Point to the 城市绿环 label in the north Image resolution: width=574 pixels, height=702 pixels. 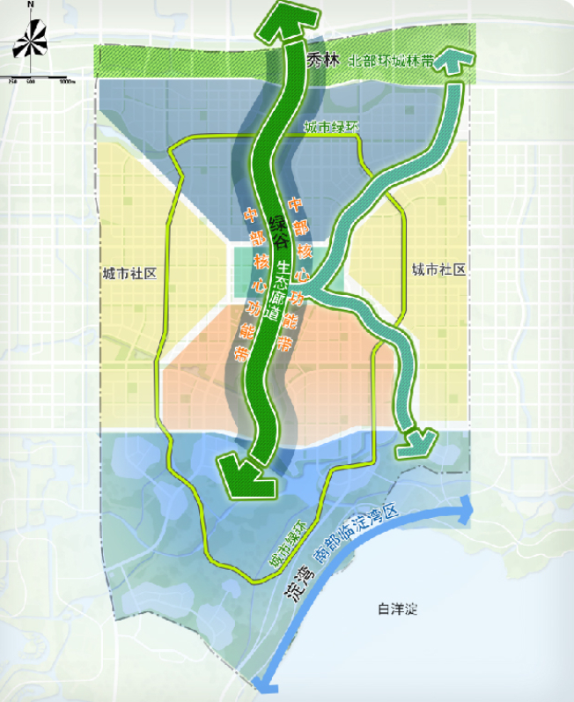pyautogui.click(x=332, y=128)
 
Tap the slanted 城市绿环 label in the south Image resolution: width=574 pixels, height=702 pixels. pyautogui.click(x=291, y=546)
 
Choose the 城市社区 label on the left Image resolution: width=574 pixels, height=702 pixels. pyautogui.click(x=129, y=273)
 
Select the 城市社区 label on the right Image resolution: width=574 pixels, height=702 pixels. pyautogui.click(x=438, y=270)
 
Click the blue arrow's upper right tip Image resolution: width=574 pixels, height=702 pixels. pyautogui.click(x=467, y=505)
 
